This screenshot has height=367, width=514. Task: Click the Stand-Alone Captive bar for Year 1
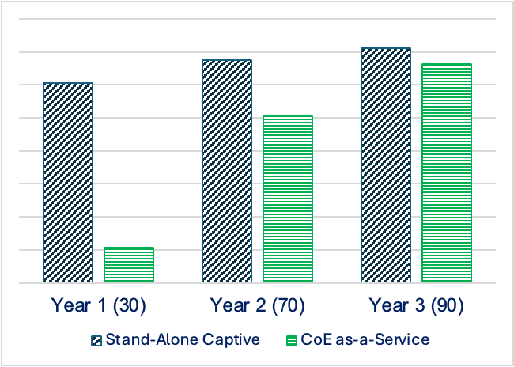click(68, 183)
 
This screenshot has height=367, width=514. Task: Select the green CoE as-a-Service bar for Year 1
click(129, 265)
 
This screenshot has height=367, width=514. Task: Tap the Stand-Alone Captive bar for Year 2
click(227, 171)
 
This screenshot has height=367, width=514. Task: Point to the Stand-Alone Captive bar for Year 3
click(386, 165)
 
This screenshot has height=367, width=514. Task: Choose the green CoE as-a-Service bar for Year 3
click(447, 173)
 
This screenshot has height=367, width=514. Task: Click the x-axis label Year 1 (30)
click(99, 305)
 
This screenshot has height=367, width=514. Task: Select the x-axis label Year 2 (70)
click(258, 305)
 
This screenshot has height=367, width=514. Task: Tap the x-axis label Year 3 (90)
click(417, 305)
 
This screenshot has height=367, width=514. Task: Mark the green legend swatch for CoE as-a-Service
click(291, 340)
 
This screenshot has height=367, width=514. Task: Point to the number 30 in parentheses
click(129, 305)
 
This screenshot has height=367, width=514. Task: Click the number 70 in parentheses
click(288, 305)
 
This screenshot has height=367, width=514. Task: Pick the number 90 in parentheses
click(447, 305)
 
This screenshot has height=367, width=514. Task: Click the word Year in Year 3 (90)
click(385, 305)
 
